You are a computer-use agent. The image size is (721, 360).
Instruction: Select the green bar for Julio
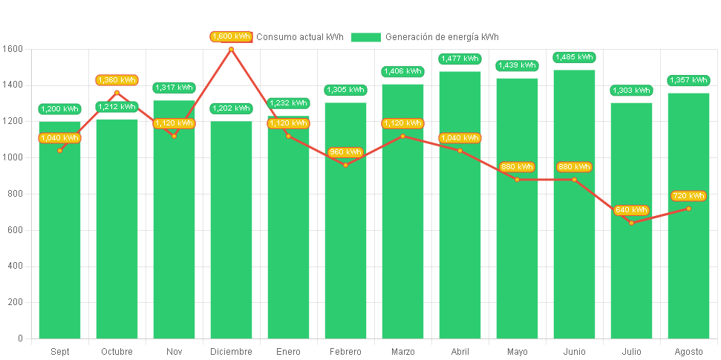coord(631,282)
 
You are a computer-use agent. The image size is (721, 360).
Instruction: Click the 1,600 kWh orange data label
coord(232,36)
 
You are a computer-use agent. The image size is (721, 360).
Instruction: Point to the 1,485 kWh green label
coord(574,57)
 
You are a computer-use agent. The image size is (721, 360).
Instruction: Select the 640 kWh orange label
coord(632,210)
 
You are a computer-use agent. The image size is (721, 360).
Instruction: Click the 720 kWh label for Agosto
coord(688,196)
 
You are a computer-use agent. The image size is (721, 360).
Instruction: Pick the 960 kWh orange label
coord(345,152)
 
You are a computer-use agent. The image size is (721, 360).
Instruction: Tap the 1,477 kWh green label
coord(460,59)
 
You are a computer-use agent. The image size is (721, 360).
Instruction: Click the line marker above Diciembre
coord(231,50)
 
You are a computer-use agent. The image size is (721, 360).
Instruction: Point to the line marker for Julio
coord(631,223)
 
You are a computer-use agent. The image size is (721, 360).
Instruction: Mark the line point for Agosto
coord(688,209)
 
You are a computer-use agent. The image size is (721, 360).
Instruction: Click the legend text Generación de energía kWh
coord(442,37)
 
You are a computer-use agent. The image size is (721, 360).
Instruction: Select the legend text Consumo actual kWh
coord(300,37)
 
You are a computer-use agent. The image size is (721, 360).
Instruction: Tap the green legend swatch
coord(365,37)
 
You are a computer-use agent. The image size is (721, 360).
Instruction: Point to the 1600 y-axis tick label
coord(13,49)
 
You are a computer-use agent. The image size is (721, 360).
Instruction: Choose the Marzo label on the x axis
coord(402,352)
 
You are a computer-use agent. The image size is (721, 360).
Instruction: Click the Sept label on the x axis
coord(59,352)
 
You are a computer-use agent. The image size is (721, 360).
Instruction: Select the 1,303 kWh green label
coord(631,91)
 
